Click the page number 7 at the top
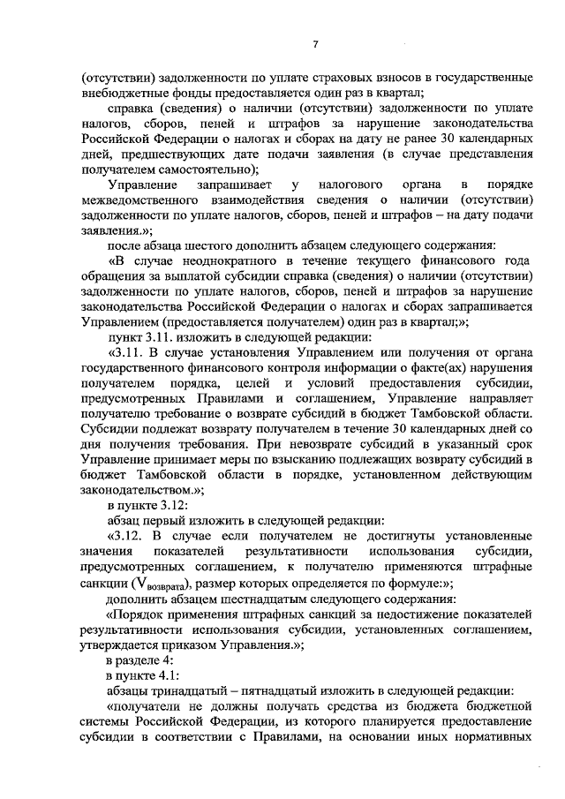(x=315, y=46)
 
